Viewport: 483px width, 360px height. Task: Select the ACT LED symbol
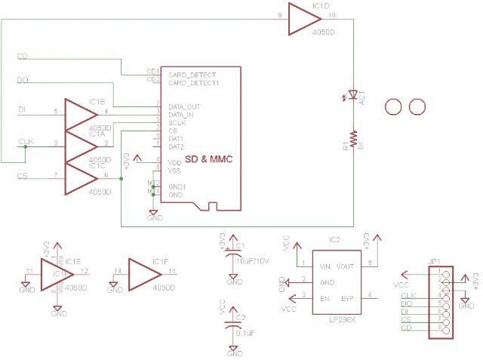(352, 97)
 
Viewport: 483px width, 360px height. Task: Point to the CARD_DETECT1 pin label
(192, 82)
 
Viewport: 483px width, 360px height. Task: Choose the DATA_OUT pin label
(184, 106)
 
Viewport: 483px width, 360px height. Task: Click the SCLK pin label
(177, 122)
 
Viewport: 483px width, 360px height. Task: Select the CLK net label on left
(26, 141)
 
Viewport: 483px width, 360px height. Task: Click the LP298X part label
(335, 321)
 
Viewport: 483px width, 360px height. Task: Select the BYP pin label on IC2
(347, 298)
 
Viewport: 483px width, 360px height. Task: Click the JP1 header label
(435, 262)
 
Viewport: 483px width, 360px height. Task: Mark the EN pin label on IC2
(324, 298)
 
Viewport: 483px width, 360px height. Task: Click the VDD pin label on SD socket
(174, 162)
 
